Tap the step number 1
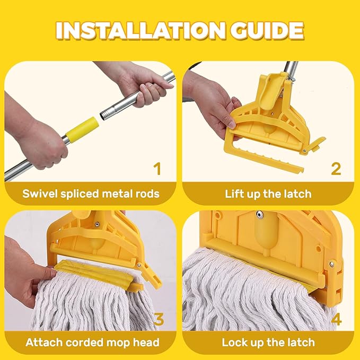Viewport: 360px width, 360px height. (x=157, y=169)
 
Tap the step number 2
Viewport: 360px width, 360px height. (x=335, y=169)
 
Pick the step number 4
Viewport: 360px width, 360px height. (x=335, y=319)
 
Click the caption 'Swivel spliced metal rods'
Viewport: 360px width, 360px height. (x=91, y=194)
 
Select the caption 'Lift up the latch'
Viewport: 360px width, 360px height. (x=268, y=194)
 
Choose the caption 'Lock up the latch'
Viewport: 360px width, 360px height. (x=268, y=343)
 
